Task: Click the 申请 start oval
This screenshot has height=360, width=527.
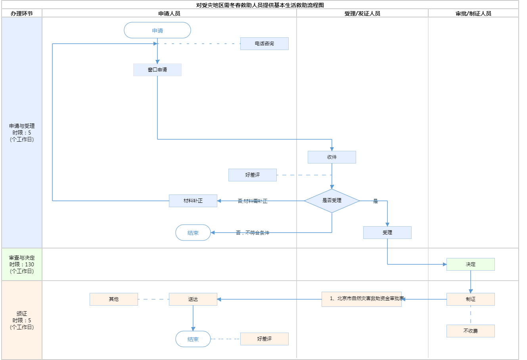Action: coord(157,31)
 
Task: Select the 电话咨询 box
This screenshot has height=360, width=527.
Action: coord(264,44)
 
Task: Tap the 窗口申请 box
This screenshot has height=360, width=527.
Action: coord(157,70)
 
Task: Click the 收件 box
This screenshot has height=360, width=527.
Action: coord(332,157)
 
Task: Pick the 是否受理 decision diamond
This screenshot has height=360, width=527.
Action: coord(332,201)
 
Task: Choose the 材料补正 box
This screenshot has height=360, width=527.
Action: coord(193,201)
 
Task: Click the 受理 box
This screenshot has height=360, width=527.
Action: coord(387,233)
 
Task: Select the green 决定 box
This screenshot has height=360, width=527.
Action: coord(471,264)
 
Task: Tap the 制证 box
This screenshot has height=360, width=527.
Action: coord(471,299)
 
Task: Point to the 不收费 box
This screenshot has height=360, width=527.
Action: coord(471,331)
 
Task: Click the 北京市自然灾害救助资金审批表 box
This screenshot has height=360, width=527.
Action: coord(362,299)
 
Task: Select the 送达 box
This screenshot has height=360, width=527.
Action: coord(193,299)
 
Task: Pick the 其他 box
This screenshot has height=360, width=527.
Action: coord(114,299)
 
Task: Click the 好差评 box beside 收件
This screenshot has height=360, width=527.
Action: coord(253,175)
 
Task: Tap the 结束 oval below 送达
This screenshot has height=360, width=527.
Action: coord(193,339)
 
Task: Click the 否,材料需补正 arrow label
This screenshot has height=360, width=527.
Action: coord(253,201)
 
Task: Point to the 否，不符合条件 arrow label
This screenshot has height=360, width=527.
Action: coord(253,233)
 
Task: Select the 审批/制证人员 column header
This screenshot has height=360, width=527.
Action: coord(473,13)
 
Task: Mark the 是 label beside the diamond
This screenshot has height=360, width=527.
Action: coord(376,201)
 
